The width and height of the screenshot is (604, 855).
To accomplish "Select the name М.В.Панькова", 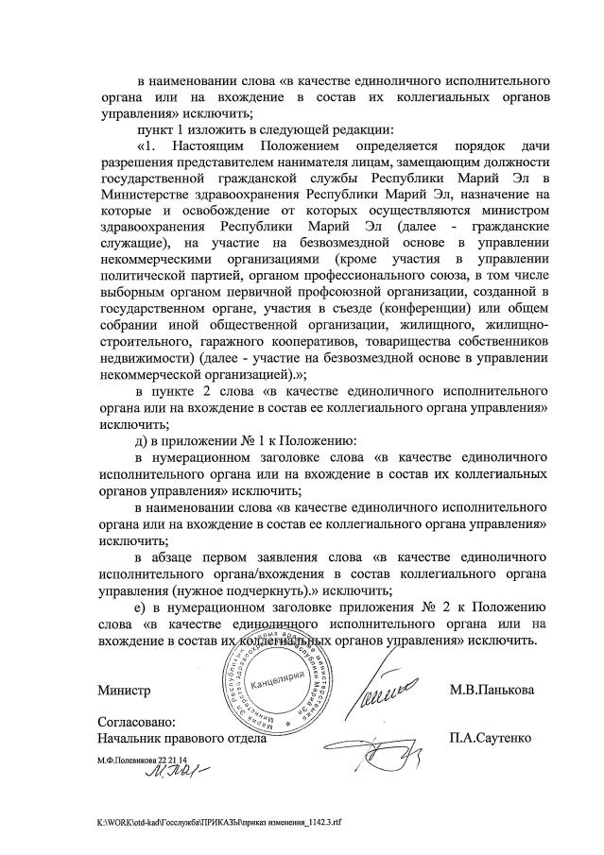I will coord(492,691).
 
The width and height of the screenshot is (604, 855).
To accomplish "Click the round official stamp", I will coord(277,689).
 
